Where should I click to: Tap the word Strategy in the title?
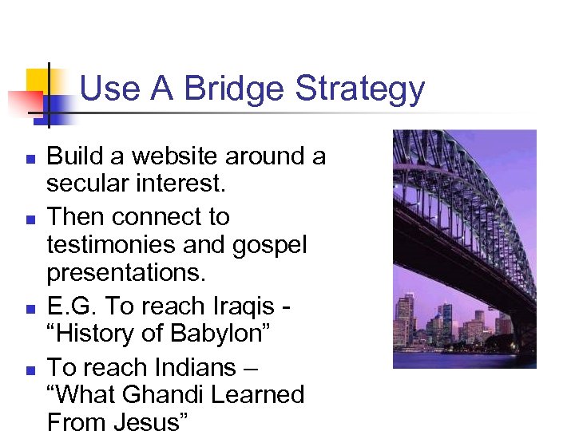[360, 89]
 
